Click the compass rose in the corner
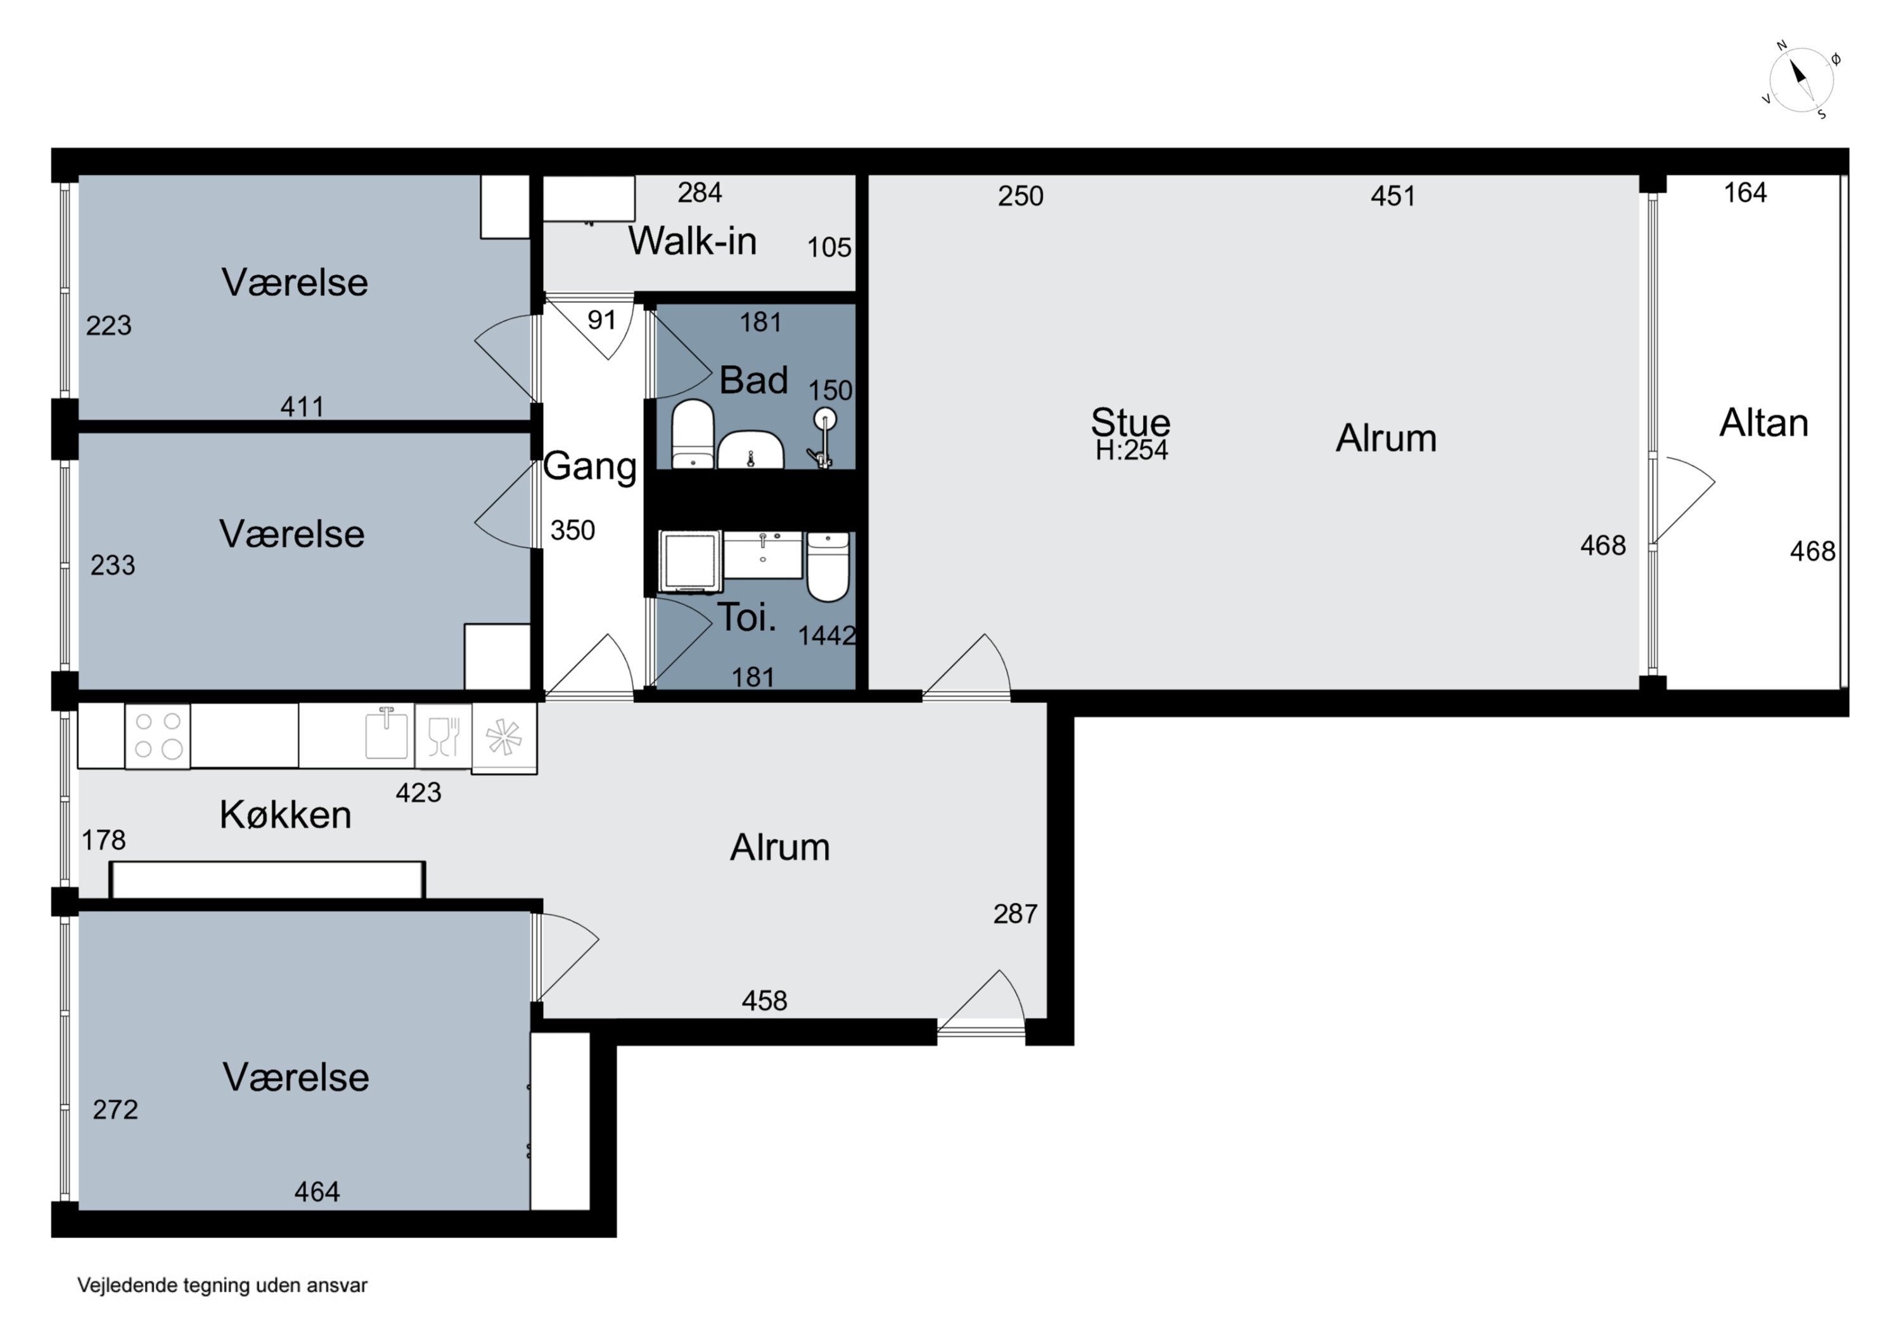(1801, 80)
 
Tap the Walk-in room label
(692, 241)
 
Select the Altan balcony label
(1763, 423)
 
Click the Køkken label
(286, 815)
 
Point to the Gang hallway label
(589, 467)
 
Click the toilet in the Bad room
(692, 434)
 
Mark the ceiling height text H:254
(1132, 450)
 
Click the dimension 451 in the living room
(1393, 196)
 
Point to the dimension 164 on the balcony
(1745, 193)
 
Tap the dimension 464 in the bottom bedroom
(317, 1192)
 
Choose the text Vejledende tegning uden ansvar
(222, 1285)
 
